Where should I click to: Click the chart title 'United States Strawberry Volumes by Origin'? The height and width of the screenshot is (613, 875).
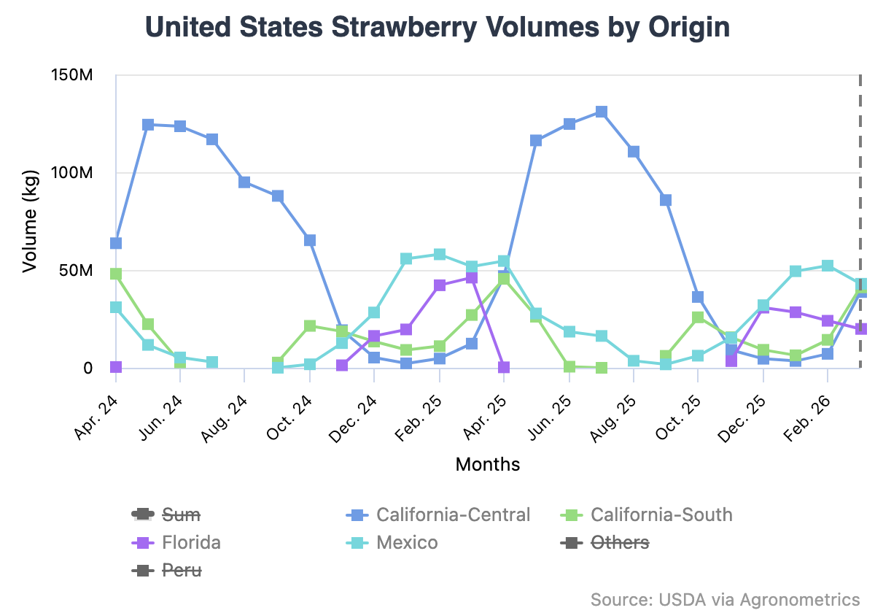click(437, 28)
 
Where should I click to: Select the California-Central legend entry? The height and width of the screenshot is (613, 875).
click(452, 514)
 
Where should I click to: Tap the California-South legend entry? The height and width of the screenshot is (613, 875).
click(661, 514)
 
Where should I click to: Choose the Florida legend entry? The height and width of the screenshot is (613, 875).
click(191, 542)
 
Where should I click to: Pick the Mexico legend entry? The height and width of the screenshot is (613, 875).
click(407, 542)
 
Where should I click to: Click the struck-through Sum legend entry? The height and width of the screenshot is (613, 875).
click(180, 514)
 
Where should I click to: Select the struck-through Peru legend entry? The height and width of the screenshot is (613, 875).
click(181, 570)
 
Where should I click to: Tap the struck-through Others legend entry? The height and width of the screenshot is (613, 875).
click(620, 542)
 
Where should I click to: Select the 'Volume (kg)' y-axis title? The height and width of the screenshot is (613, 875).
click(29, 221)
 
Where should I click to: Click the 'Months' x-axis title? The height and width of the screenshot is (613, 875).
click(488, 464)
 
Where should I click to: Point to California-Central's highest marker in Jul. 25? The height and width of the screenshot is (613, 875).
click(602, 112)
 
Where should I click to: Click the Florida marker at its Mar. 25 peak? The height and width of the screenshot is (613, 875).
click(472, 277)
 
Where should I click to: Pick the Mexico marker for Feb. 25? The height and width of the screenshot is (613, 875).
click(440, 254)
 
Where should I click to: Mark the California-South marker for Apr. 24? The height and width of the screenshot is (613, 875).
click(116, 274)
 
